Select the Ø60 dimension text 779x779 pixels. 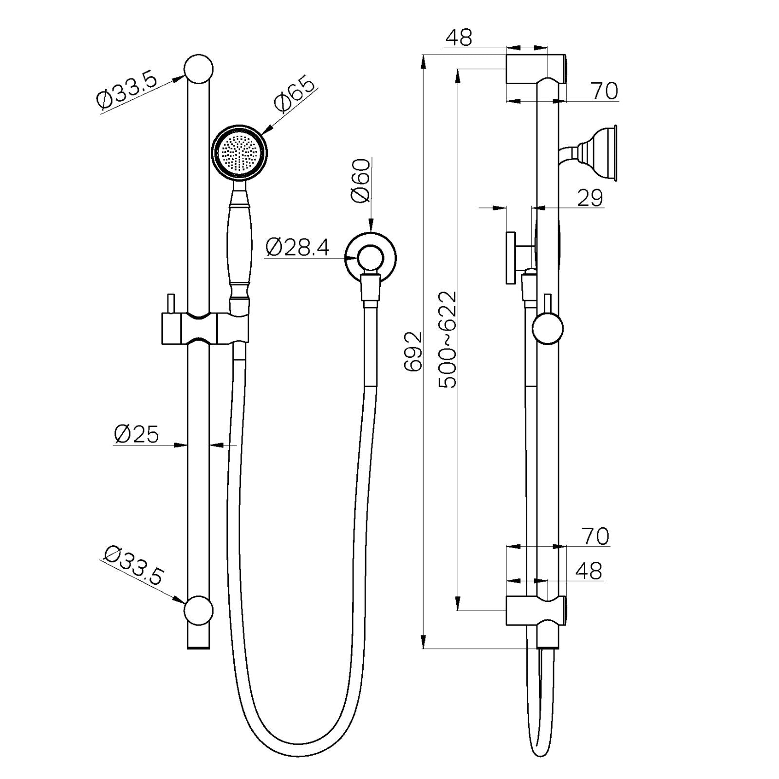361,181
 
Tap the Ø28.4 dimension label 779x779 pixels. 297,248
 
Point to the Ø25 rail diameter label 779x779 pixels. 136,434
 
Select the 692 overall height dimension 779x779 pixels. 414,352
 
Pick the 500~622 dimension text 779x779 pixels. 448,340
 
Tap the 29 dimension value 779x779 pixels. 590,198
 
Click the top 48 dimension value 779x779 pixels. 459,37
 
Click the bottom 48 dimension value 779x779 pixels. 589,571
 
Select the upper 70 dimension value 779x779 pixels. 604,91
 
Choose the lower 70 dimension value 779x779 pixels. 595,537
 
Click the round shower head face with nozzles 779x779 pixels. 239,152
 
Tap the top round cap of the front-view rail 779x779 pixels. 199,69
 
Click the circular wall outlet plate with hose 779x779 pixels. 371,256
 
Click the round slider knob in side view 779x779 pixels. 547,329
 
